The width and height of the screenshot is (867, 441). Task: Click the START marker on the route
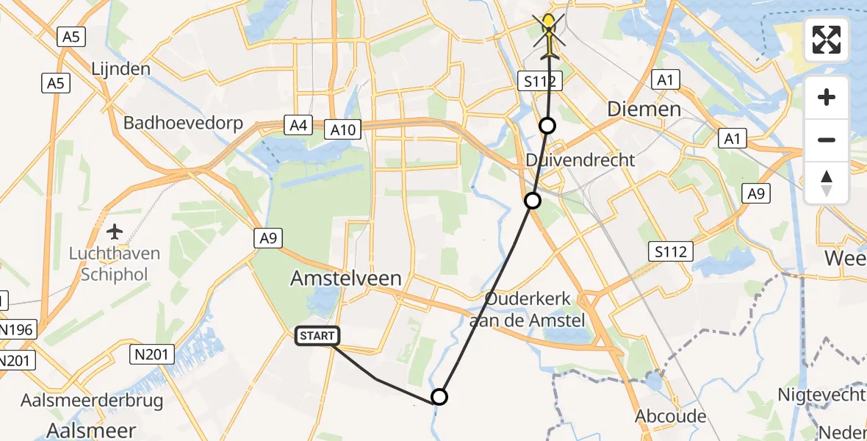317,336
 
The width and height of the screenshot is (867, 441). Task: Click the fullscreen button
827,40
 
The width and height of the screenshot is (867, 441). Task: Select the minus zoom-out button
827,140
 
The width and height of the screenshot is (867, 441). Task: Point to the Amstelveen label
347,278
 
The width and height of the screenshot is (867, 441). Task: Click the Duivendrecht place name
580,159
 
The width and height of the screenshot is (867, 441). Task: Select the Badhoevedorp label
183,122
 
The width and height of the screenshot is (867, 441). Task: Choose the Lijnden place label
121,69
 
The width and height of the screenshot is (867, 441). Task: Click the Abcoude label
672,416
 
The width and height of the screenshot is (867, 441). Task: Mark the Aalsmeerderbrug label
93,401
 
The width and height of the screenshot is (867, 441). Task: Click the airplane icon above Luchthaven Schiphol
115,232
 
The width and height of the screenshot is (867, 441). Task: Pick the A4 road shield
298,126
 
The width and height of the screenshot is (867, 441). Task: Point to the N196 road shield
17,330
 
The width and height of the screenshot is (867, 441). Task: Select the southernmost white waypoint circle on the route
439,397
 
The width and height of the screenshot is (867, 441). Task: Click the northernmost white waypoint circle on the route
547,126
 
